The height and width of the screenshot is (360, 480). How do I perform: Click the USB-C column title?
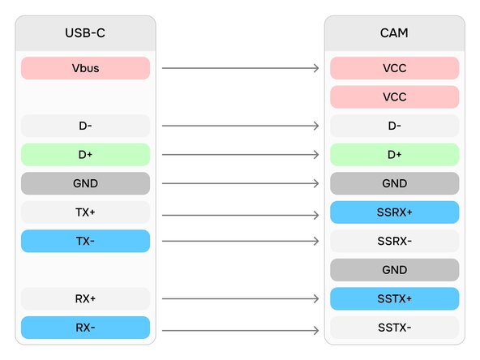point(85,33)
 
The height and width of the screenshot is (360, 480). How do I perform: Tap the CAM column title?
point(394,33)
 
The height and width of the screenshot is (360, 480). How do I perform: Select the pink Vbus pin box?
point(85,68)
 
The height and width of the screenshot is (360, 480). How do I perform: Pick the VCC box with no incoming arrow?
point(395,97)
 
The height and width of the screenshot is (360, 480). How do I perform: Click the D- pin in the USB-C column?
point(85,126)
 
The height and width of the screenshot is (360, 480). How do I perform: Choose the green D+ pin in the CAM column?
point(395,155)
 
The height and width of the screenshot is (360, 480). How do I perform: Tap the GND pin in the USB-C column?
point(85,183)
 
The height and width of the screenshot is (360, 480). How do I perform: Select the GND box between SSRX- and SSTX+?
point(395,270)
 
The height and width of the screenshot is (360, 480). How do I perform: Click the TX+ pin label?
point(85,212)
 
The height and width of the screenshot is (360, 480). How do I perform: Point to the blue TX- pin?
point(85,242)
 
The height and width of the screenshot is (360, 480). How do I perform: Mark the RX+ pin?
point(85,298)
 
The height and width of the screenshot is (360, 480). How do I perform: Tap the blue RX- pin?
point(85,328)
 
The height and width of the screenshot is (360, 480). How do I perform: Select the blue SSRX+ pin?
point(395,212)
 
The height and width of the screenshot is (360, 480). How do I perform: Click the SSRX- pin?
point(395,242)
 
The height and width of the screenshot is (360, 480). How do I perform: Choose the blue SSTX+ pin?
point(395,298)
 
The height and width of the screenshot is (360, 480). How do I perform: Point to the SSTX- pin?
point(395,328)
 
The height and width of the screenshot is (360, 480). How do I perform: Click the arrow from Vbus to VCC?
point(241,68)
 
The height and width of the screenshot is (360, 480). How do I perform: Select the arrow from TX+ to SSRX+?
point(241,215)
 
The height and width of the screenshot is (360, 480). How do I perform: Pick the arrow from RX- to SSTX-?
point(241,331)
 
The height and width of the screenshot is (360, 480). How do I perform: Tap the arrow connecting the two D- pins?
point(241,126)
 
